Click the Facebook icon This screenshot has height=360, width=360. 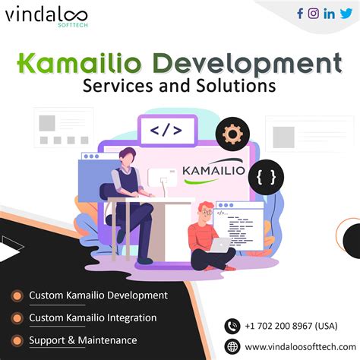(x=300, y=13)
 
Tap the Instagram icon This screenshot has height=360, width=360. (x=314, y=13)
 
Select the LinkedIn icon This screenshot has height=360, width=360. (x=329, y=13)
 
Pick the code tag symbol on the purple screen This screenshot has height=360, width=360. (x=166, y=130)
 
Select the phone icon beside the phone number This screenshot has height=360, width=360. (x=232, y=325)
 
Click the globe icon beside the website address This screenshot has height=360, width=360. (x=232, y=346)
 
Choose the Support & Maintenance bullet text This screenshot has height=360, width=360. (x=83, y=340)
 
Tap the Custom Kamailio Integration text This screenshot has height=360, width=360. (x=93, y=317)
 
